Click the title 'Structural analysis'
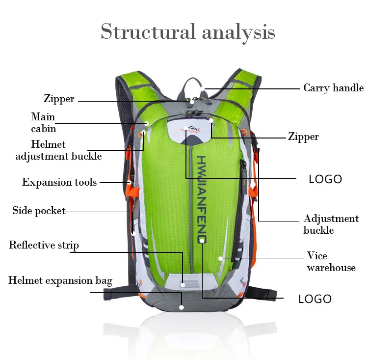pyautogui.click(x=188, y=32)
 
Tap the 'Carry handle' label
pyautogui.click(x=333, y=88)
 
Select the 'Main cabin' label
pyautogui.click(x=43, y=123)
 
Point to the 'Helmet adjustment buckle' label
pyautogui.click(x=58, y=150)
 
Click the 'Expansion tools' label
pyautogui.click(x=59, y=182)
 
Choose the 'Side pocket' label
pyautogui.click(x=39, y=211)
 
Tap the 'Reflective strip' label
pyautogui.click(x=44, y=245)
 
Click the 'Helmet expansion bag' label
pyautogui.click(x=60, y=281)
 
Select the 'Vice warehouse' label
pyautogui.click(x=331, y=262)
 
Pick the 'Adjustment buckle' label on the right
pyautogui.click(x=331, y=224)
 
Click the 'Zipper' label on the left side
pyautogui.click(x=59, y=99)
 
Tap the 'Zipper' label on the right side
pyautogui.click(x=303, y=137)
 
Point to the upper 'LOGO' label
pyautogui.click(x=325, y=179)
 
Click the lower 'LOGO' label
pyautogui.click(x=315, y=299)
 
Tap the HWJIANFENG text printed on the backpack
pyautogui.click(x=202, y=199)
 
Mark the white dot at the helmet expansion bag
pyautogui.click(x=182, y=307)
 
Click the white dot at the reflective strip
pyautogui.click(x=183, y=284)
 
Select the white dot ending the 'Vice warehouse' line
pyautogui.click(x=221, y=257)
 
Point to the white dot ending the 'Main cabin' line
pyautogui.click(x=146, y=123)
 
